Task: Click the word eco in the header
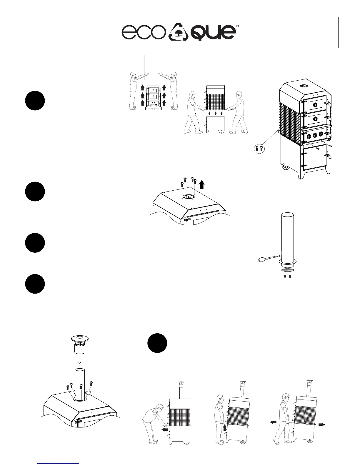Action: click(142, 33)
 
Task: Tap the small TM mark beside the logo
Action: click(237, 26)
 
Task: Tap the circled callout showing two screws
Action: click(259, 148)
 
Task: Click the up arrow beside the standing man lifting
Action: click(225, 427)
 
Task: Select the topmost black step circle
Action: click(35, 101)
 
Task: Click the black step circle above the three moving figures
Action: click(157, 343)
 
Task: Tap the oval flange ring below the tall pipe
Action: click(285, 270)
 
